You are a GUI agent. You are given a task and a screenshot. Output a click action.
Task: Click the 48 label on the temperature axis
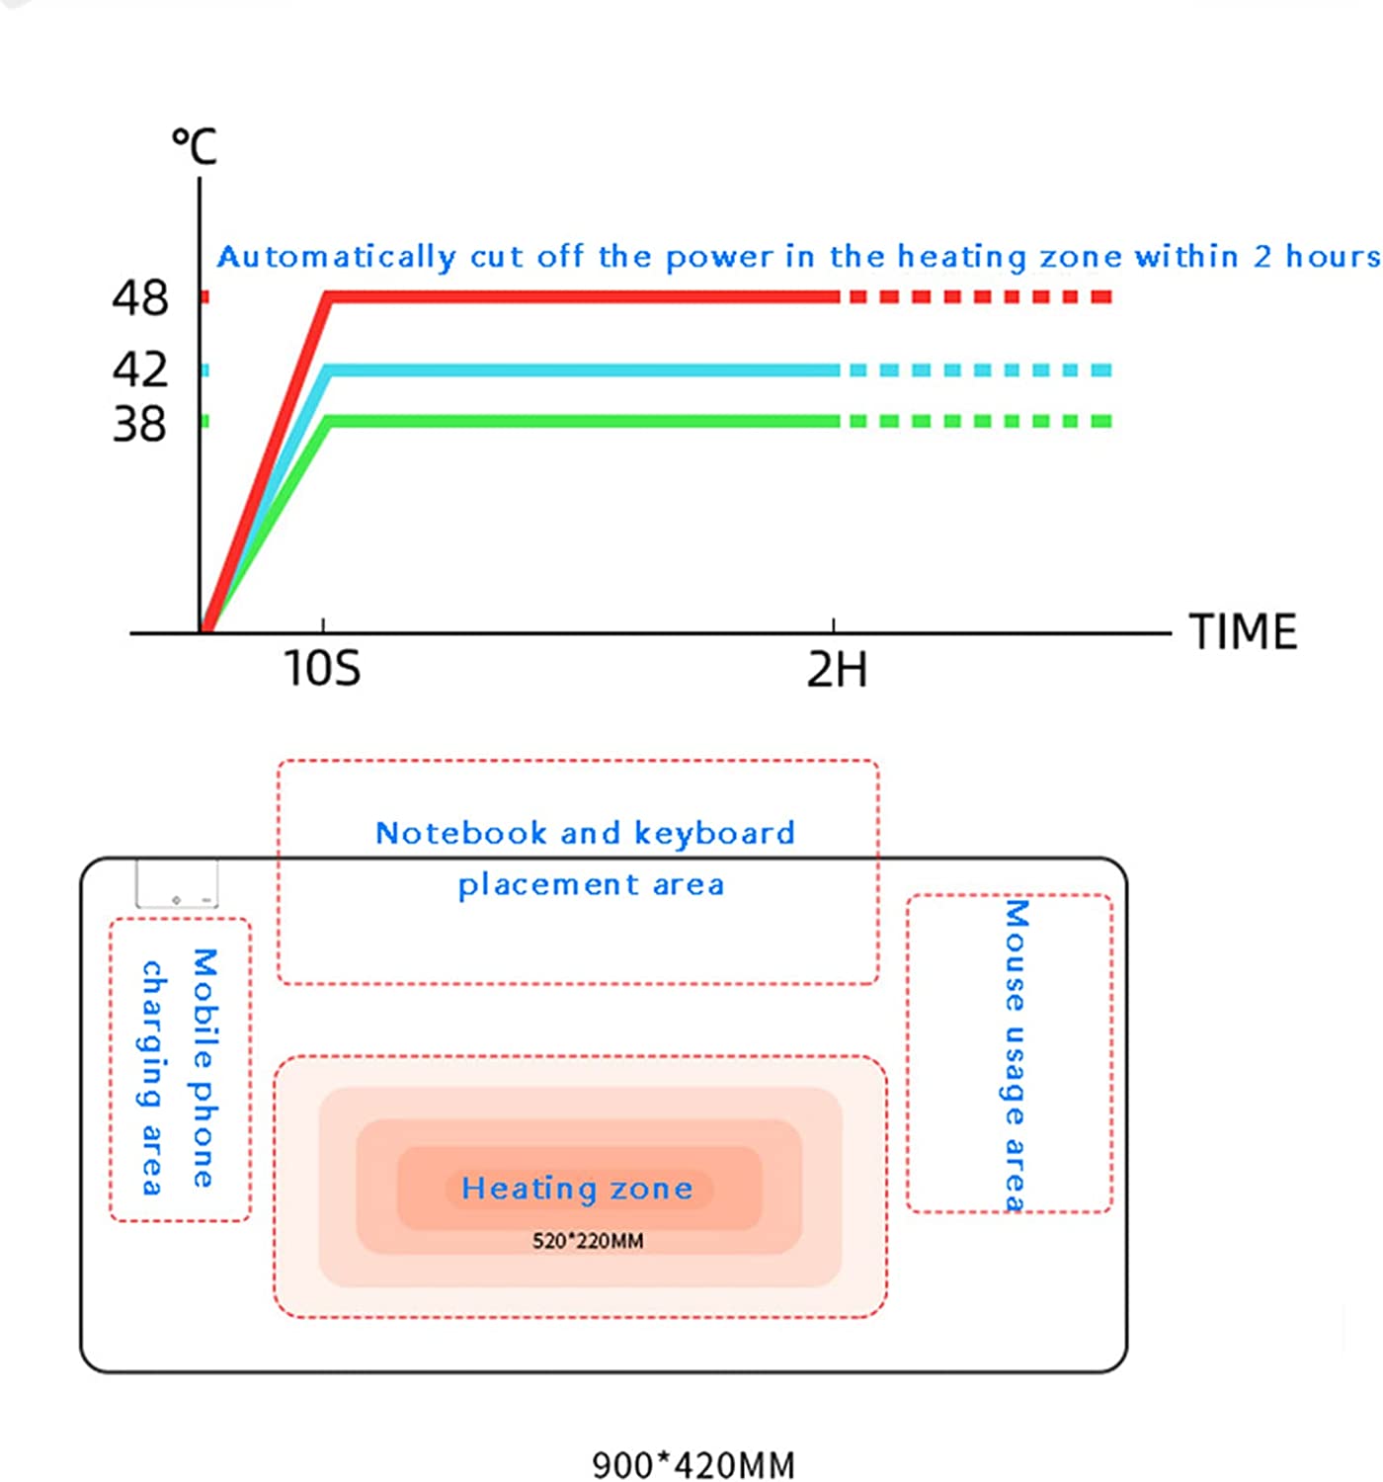tap(139, 298)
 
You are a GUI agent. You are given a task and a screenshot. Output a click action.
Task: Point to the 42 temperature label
tap(139, 370)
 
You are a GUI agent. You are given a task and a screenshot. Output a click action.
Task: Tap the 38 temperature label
tap(139, 424)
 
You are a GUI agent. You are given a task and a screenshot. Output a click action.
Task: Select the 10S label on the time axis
tap(322, 669)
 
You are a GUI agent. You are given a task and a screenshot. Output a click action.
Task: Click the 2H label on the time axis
tap(837, 670)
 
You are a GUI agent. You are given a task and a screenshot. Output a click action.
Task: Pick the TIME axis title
tap(1243, 632)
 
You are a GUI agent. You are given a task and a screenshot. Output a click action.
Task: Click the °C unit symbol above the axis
tap(194, 147)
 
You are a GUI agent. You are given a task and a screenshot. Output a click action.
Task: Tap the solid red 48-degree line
tap(583, 296)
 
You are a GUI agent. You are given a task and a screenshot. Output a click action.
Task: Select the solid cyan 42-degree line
tap(583, 370)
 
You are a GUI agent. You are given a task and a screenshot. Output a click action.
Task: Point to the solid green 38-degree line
tap(583, 421)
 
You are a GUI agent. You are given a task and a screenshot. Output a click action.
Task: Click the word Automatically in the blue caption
tap(336, 257)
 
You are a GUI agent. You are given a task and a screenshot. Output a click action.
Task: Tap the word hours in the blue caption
tap(1332, 257)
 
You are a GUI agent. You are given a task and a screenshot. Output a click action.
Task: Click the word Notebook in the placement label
tap(461, 833)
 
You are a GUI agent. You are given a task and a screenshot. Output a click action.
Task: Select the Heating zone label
tap(577, 1189)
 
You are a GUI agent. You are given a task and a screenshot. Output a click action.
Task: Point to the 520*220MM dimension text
tap(588, 1241)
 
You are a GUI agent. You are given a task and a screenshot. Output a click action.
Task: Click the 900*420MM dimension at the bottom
tap(693, 1464)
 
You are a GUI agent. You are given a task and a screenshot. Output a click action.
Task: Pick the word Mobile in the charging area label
tap(203, 1008)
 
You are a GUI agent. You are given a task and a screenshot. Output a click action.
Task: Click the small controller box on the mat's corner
tap(177, 883)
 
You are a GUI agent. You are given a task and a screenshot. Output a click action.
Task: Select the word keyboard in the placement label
tap(713, 833)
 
